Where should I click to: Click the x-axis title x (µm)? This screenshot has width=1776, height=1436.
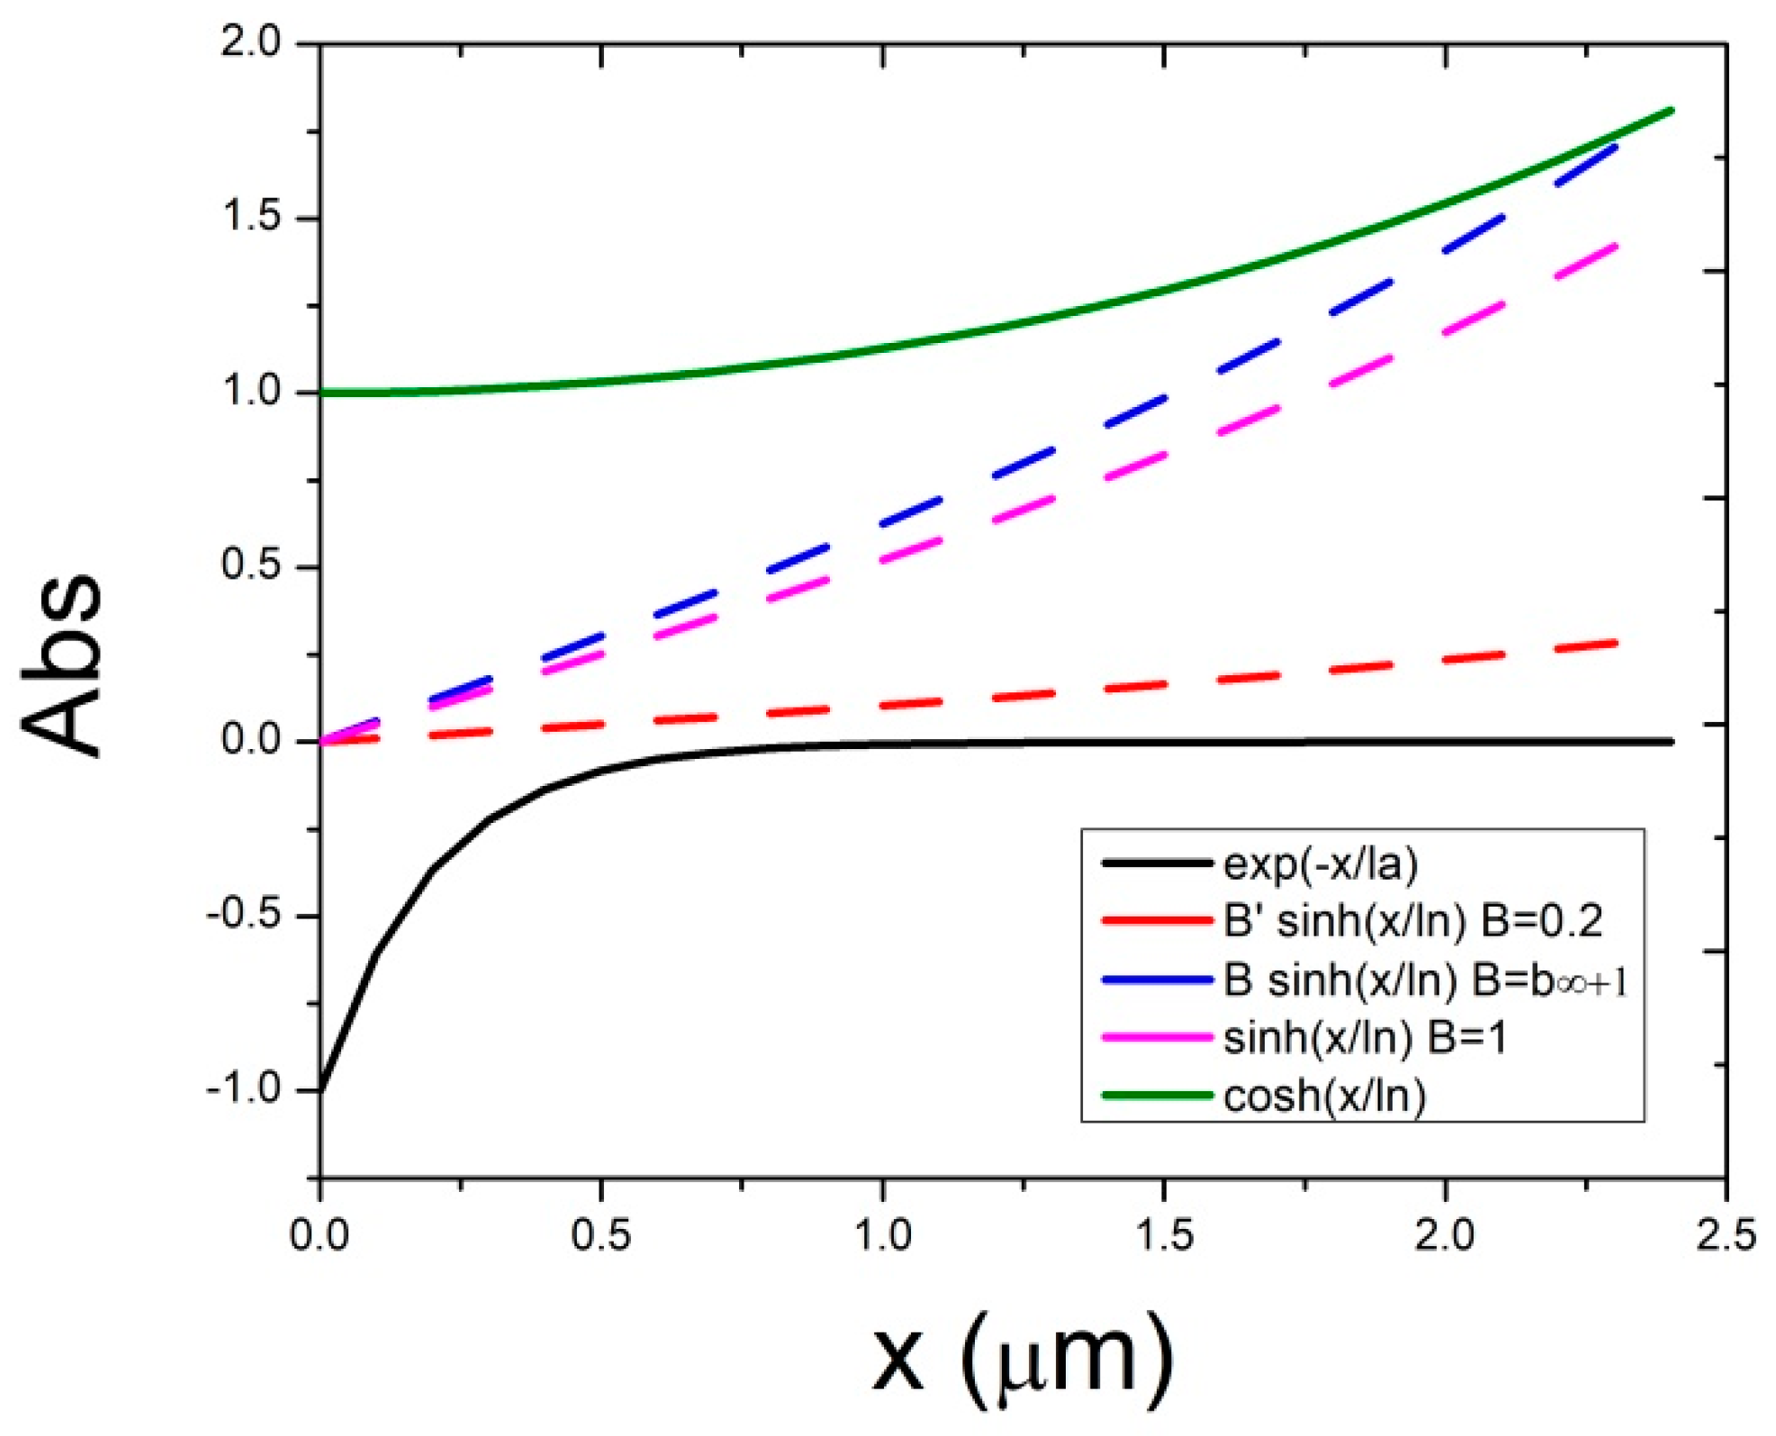(x=1023, y=1358)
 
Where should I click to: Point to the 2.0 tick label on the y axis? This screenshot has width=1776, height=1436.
(x=251, y=42)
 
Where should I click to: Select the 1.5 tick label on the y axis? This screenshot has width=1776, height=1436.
(x=251, y=217)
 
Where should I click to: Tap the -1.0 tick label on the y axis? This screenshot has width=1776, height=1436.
(x=243, y=1089)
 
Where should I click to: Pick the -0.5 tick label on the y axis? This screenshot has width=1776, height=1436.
(x=243, y=915)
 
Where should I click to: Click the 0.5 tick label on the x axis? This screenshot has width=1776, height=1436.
(x=600, y=1234)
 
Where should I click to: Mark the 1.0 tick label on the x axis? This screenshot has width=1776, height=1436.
(x=882, y=1234)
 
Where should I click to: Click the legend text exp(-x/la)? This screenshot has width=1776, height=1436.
(x=1321, y=864)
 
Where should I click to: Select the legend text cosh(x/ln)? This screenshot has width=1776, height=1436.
(x=1325, y=1097)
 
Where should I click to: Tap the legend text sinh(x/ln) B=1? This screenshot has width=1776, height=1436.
(x=1365, y=1038)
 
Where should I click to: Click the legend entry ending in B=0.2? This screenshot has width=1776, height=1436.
(x=1412, y=922)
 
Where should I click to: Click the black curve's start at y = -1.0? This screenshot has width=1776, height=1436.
(x=321, y=1089)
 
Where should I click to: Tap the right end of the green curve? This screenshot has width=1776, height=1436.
(x=1671, y=111)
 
